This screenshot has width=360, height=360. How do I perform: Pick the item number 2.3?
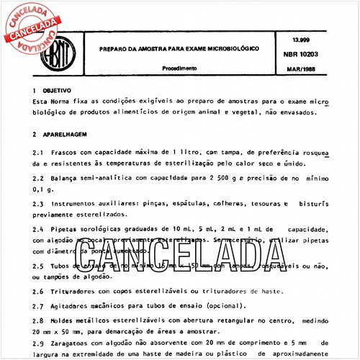(38, 204)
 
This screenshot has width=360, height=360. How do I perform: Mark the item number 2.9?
(38, 344)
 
